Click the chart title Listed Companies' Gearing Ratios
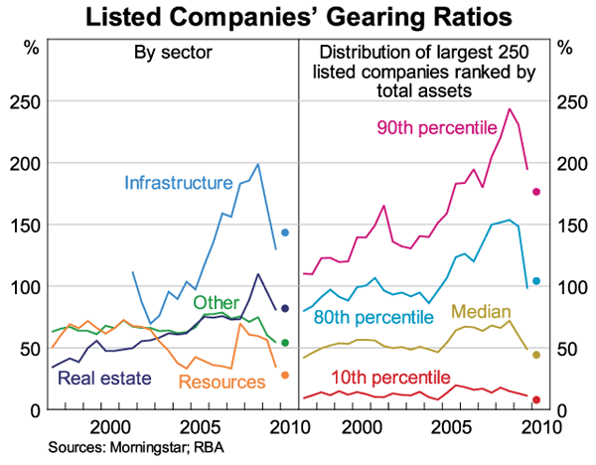pos(299,17)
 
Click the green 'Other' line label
pos(214,302)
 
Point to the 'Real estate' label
pos(104,378)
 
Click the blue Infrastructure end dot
pos(285,232)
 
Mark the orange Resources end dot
pos(285,375)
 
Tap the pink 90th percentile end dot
pos(536,192)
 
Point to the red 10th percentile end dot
pos(536,400)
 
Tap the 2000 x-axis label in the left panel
pos(109,427)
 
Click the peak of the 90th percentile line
pos(510,108)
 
